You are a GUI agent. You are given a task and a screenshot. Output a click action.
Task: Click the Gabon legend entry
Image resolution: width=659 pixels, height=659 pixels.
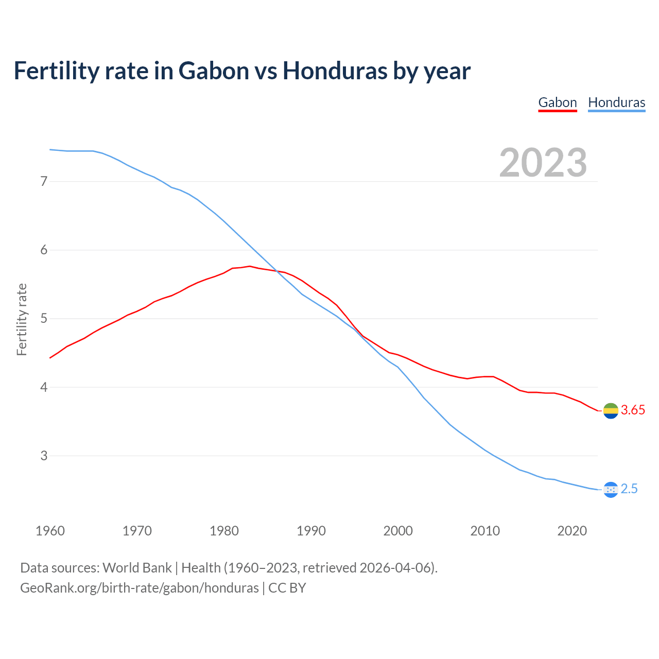coord(558,102)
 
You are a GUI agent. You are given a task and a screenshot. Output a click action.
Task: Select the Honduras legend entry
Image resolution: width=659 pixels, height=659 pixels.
coord(616,102)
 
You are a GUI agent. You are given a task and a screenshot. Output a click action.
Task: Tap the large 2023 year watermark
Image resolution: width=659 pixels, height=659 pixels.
coord(543,163)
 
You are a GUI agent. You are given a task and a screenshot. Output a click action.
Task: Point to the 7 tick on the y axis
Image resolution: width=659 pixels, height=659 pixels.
coord(44,181)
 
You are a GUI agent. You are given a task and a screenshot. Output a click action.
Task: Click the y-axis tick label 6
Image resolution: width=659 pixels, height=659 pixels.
coord(44,250)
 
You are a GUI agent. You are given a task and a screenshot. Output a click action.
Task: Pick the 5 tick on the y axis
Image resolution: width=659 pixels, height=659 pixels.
coord(44,319)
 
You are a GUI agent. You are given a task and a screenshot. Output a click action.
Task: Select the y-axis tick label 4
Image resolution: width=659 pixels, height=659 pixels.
coord(44,387)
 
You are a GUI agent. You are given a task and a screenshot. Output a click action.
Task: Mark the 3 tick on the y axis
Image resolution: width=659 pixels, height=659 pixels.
coord(44,456)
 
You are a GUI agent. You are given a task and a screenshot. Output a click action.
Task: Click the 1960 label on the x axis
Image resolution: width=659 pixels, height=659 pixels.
coord(50,531)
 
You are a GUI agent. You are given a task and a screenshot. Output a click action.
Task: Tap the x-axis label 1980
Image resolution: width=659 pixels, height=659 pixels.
coord(224,531)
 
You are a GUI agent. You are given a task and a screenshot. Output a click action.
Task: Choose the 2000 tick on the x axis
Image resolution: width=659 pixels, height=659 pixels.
coord(398,531)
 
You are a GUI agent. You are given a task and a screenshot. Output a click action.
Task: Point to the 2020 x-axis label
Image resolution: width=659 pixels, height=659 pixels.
coord(572,531)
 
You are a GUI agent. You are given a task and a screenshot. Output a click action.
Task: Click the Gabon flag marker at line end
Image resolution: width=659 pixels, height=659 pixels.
coord(611,411)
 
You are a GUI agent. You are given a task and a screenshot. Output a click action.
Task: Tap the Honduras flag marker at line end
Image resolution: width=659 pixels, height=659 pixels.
coord(611,490)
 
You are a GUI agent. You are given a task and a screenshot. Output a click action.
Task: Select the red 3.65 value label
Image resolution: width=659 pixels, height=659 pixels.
coord(633,410)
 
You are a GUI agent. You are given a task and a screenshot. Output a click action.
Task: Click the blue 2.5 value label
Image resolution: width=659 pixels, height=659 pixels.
coord(629,489)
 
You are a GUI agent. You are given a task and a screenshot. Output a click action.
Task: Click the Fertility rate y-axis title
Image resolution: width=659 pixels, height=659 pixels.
coord(22,319)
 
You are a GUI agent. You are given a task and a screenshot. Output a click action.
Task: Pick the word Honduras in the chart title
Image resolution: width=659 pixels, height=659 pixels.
coord(335,71)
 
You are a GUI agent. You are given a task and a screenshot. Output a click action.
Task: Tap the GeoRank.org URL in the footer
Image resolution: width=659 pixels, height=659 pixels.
coord(140,588)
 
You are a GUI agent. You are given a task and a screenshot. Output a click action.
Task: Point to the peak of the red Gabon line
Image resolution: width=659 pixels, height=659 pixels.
coord(250,266)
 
